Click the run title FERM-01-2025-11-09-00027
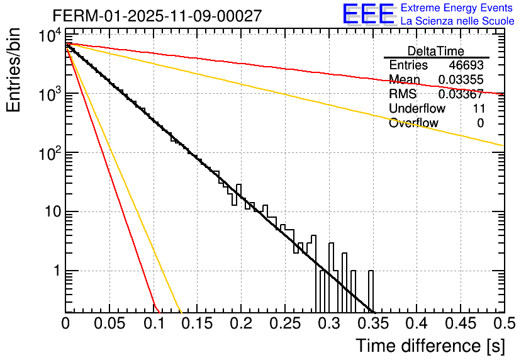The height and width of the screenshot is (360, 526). [157, 16]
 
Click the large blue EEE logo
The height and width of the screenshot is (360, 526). [368, 14]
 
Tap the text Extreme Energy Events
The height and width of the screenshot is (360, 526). [457, 8]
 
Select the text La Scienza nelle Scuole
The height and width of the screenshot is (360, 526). [457, 21]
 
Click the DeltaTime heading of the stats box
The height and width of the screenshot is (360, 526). [436, 51]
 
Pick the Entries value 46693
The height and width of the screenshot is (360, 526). [466, 65]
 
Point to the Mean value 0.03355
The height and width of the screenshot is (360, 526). [461, 80]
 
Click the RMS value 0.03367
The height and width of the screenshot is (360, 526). [461, 94]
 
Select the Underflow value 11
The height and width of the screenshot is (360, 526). [478, 109]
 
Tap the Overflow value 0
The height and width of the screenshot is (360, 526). [481, 123]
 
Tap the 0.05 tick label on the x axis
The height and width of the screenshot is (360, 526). [109, 324]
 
